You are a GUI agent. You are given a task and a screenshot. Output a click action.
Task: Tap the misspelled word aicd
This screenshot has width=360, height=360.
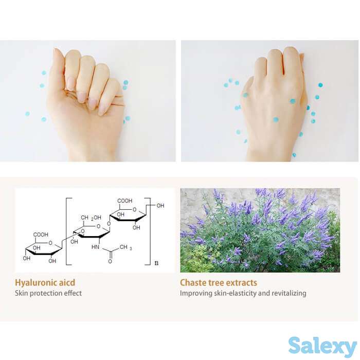coord(67,282)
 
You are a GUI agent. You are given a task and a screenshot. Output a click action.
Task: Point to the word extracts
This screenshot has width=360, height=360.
coord(242,283)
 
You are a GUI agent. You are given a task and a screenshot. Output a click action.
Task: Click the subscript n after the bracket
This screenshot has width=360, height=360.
coord(156,263)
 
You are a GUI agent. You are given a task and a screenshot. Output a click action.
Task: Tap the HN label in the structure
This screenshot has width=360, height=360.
coord(95,247)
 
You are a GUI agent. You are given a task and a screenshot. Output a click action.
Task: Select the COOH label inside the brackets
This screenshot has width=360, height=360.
coord(125,201)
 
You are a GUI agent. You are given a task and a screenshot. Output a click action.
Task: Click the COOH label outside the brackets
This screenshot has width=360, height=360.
coord(41,235)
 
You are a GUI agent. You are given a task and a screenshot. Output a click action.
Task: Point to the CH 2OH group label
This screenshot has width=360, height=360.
coord(91,218)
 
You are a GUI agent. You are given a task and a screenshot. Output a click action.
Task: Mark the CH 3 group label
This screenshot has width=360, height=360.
coord(125,247)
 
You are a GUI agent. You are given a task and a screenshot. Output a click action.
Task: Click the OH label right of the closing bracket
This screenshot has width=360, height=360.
coord(160,206)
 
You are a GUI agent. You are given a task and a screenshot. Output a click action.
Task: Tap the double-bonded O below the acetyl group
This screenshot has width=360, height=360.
coord(110,261)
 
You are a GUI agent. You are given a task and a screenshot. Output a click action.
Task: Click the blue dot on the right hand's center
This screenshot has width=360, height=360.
coord(276,119)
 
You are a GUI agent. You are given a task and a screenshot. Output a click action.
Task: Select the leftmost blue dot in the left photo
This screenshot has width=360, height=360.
coord(27,114)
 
